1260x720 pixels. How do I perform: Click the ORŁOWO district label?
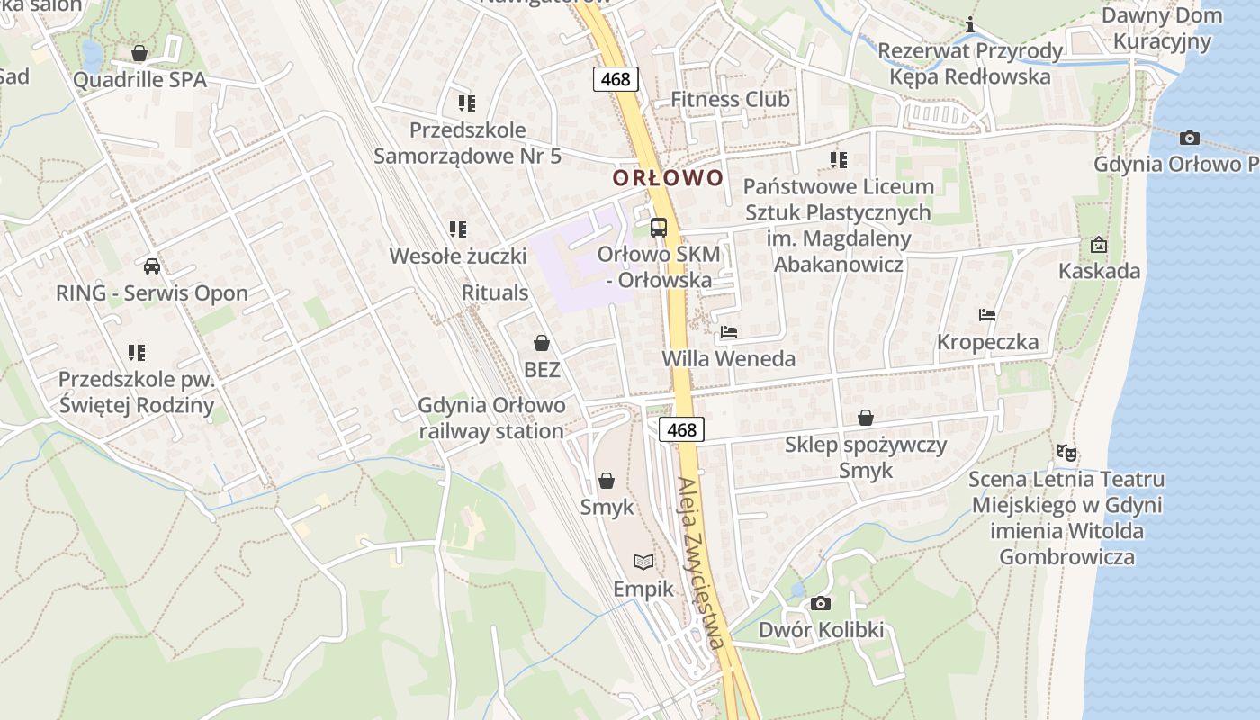[x=668, y=177]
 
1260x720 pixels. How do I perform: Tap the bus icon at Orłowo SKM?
[x=659, y=227]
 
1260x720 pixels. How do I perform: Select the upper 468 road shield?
[x=616, y=79]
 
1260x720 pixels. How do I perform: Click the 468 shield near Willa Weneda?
[x=681, y=429]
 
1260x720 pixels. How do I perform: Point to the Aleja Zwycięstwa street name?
[x=702, y=562]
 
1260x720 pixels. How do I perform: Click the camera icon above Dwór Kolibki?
[x=820, y=603]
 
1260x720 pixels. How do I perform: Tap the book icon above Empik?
[x=643, y=562]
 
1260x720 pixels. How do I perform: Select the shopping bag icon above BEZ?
[x=542, y=343]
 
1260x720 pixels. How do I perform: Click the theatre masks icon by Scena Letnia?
[x=1066, y=452]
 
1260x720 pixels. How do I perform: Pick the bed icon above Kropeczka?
[x=987, y=315]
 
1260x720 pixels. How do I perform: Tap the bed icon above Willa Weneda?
[x=729, y=332]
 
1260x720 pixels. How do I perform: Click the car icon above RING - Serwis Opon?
[x=152, y=266]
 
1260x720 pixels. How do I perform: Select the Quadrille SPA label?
[x=139, y=80]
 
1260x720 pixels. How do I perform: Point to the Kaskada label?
[x=1099, y=271]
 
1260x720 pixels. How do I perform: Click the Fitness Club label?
[x=730, y=99]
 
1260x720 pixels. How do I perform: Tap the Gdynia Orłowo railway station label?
[x=491, y=418]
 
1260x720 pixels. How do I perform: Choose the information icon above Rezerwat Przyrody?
[x=970, y=25]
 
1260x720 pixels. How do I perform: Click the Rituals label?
[x=495, y=292]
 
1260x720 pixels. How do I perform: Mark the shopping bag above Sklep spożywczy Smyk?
[x=865, y=418]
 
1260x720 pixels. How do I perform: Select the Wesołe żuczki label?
[x=457, y=256]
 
